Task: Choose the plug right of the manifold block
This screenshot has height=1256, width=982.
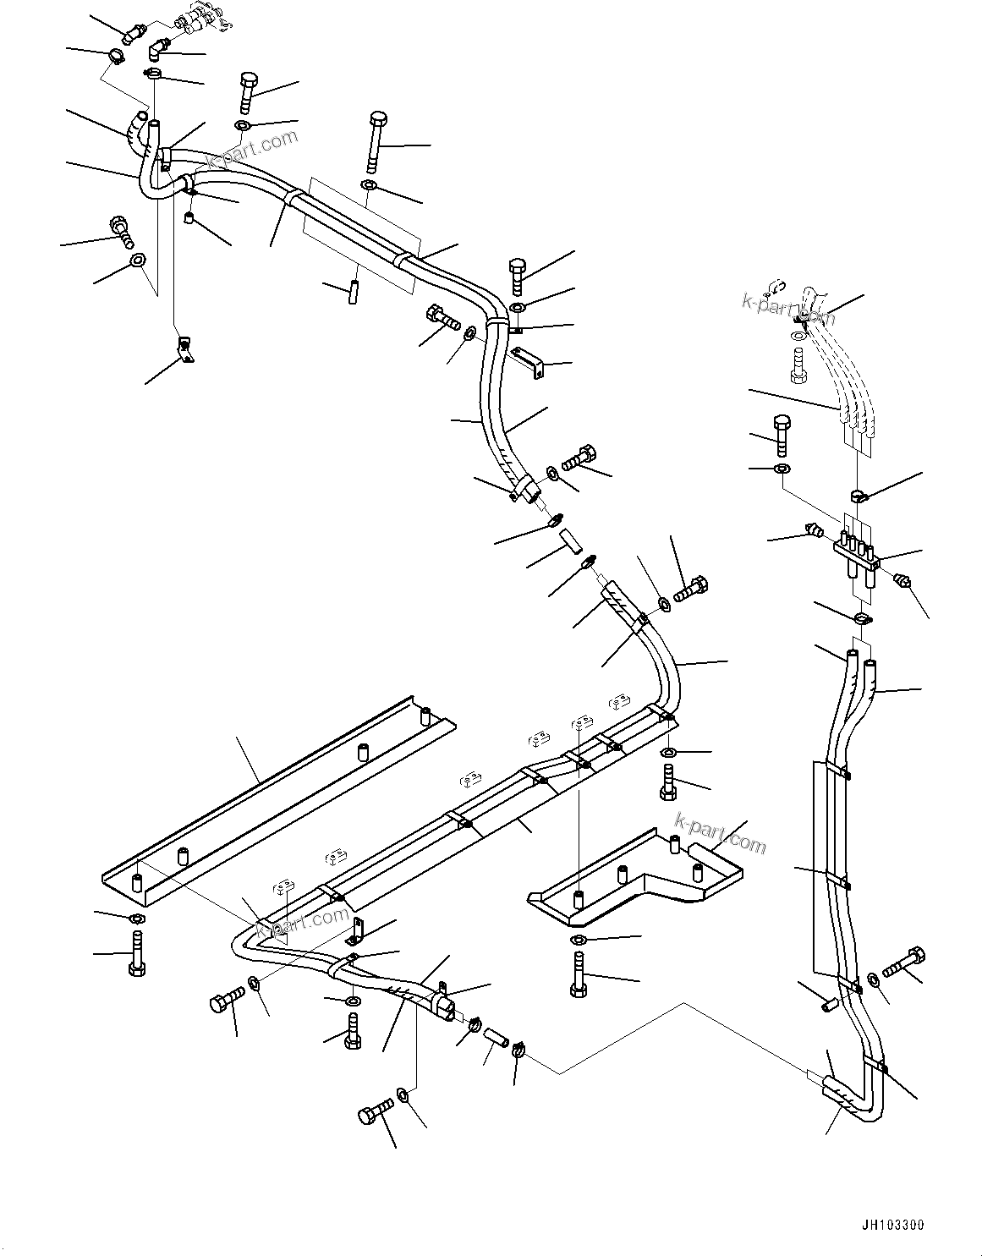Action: point(902,580)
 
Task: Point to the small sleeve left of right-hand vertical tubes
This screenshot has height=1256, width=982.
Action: point(829,1003)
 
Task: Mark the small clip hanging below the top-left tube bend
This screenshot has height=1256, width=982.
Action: point(184,349)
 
